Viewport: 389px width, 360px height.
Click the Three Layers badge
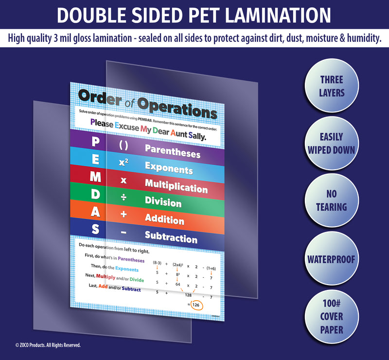332,86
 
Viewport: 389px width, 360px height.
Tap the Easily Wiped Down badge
332,143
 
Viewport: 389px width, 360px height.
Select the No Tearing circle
332,200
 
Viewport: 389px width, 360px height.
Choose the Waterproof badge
332,258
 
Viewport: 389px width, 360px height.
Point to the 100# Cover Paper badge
332,316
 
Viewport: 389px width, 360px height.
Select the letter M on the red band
96,178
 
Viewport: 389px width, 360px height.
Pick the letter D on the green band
96,195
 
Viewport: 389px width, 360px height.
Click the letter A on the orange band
95,212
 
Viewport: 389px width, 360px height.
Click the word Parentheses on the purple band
173,152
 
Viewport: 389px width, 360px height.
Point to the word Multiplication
176,185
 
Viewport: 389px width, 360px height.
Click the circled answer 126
195,305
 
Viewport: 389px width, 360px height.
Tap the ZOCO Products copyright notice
48,345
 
